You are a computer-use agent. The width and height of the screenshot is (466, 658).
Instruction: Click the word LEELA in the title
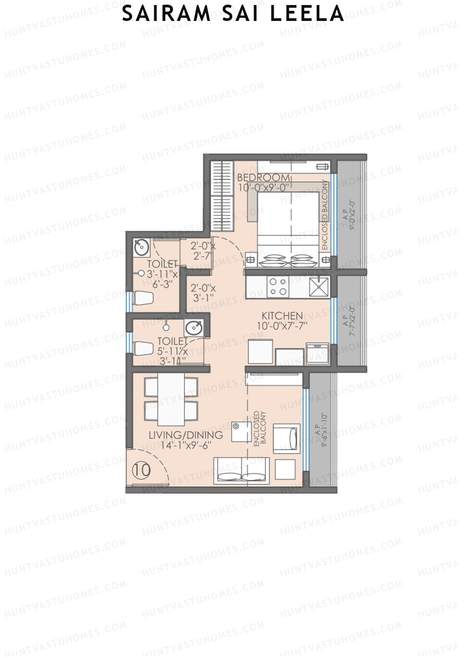tap(307, 14)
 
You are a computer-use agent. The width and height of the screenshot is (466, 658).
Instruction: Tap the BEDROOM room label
tap(263, 178)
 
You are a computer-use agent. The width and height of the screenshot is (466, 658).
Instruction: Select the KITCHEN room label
tap(282, 315)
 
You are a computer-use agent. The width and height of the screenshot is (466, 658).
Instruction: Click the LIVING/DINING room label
tap(186, 435)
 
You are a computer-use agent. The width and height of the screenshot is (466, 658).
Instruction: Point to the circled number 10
tap(141, 470)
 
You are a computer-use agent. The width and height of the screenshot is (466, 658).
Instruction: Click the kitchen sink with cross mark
tap(319, 287)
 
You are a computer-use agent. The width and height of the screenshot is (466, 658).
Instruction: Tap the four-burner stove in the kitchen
tap(278, 287)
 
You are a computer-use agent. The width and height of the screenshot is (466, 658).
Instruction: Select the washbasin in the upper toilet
tap(141, 247)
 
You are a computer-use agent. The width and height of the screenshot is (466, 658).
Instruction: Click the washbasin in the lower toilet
tap(193, 328)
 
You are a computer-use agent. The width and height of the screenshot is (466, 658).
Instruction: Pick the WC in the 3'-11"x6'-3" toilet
tap(143, 299)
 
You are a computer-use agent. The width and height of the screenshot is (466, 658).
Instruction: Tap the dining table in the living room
tap(171, 399)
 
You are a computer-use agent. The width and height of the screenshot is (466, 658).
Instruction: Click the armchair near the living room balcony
tap(287, 439)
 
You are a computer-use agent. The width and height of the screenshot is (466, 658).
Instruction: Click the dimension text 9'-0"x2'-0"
tap(353, 216)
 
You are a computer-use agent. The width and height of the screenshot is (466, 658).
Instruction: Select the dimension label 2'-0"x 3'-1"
tap(203, 293)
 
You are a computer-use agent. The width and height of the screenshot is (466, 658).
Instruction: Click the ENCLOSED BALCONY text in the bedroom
tap(325, 215)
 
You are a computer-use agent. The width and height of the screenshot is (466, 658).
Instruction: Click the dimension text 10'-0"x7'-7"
tap(282, 326)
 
